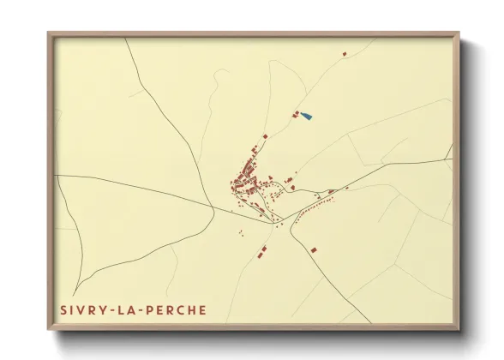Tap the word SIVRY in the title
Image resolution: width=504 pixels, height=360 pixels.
[85, 309]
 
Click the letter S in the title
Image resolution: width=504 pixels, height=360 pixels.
[63, 309]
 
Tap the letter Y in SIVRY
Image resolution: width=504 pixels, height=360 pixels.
[106, 309]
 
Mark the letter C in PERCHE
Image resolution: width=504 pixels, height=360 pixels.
[182, 309]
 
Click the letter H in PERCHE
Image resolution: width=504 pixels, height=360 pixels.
[193, 309]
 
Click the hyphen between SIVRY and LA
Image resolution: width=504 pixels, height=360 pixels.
[116, 309]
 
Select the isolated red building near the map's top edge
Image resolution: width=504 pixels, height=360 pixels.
[345, 53]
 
